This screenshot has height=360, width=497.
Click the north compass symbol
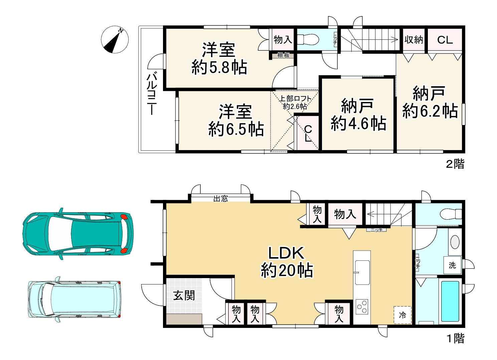tap(115, 39)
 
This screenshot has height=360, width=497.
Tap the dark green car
tap(78, 234)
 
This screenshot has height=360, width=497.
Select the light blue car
tap(74, 299)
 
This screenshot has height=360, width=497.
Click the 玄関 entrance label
tap(184, 295)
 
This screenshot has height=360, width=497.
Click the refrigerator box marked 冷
tap(402, 315)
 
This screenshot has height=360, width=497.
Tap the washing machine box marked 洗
tap(452, 265)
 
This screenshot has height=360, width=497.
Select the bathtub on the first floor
tap(450, 301)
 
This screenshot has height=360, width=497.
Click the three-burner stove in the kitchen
tap(362, 307)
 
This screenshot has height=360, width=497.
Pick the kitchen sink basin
tap(362, 272)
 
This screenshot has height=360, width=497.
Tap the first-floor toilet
tap(451, 214)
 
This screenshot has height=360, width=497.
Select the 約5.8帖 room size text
tap(219, 67)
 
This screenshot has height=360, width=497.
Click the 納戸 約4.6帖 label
tap(358, 115)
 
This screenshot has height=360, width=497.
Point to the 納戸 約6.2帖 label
tap(430, 102)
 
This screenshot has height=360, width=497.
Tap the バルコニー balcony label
tap(152, 94)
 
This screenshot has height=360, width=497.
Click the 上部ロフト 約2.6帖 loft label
tap(295, 102)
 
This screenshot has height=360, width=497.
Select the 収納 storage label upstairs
tap(413, 40)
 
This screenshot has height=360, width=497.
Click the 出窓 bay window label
tap(220, 198)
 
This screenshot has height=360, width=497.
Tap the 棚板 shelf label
tap(283, 55)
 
